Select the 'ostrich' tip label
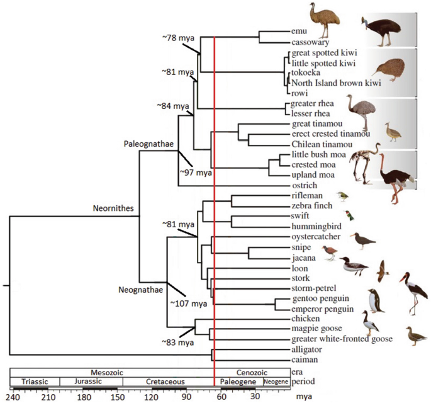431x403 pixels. (x=303, y=186)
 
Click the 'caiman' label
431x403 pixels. (x=303, y=360)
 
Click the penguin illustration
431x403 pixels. (x=376, y=301)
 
